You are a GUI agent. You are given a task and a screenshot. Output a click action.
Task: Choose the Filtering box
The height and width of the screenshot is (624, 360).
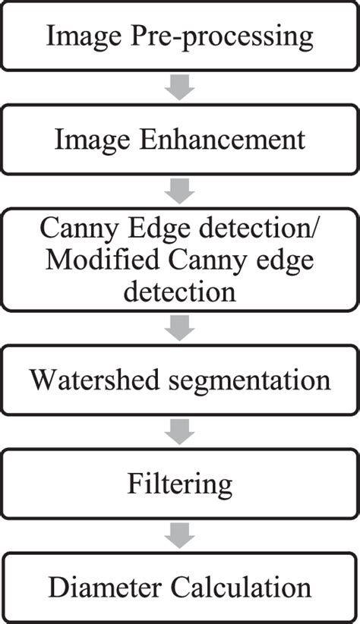point(180,483)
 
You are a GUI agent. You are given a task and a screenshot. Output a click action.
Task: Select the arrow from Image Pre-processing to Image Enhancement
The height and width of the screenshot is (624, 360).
point(180,87)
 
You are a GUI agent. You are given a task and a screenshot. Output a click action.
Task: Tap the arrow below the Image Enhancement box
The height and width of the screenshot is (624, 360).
point(180,192)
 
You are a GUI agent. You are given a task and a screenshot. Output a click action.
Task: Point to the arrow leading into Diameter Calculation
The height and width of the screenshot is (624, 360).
point(180,535)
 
